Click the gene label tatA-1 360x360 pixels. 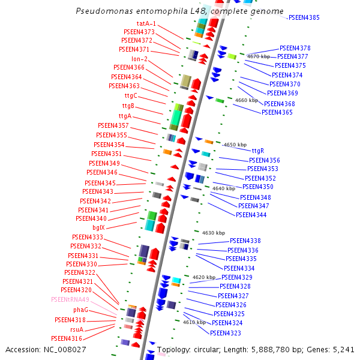[x=146, y=23]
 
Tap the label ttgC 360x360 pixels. [x=131, y=96]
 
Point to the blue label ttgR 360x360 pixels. [x=258, y=151]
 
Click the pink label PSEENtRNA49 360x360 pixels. [x=70, y=299]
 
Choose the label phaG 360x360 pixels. [x=80, y=310]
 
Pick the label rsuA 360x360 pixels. [x=77, y=329]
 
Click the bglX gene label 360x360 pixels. [x=98, y=228]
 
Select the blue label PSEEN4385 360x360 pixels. [x=304, y=18]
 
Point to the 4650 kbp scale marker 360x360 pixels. [x=235, y=145]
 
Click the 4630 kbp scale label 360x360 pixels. [x=214, y=232]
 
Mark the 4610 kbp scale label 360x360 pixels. [x=194, y=322]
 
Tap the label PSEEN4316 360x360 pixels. [x=66, y=338]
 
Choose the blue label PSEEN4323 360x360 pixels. [x=225, y=333]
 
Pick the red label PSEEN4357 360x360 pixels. [x=113, y=125]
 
